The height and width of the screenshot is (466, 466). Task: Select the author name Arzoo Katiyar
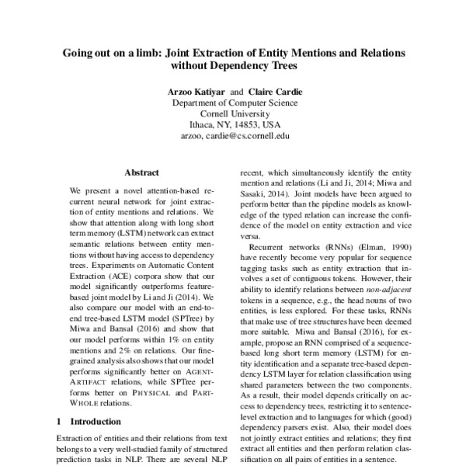point(196,92)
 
